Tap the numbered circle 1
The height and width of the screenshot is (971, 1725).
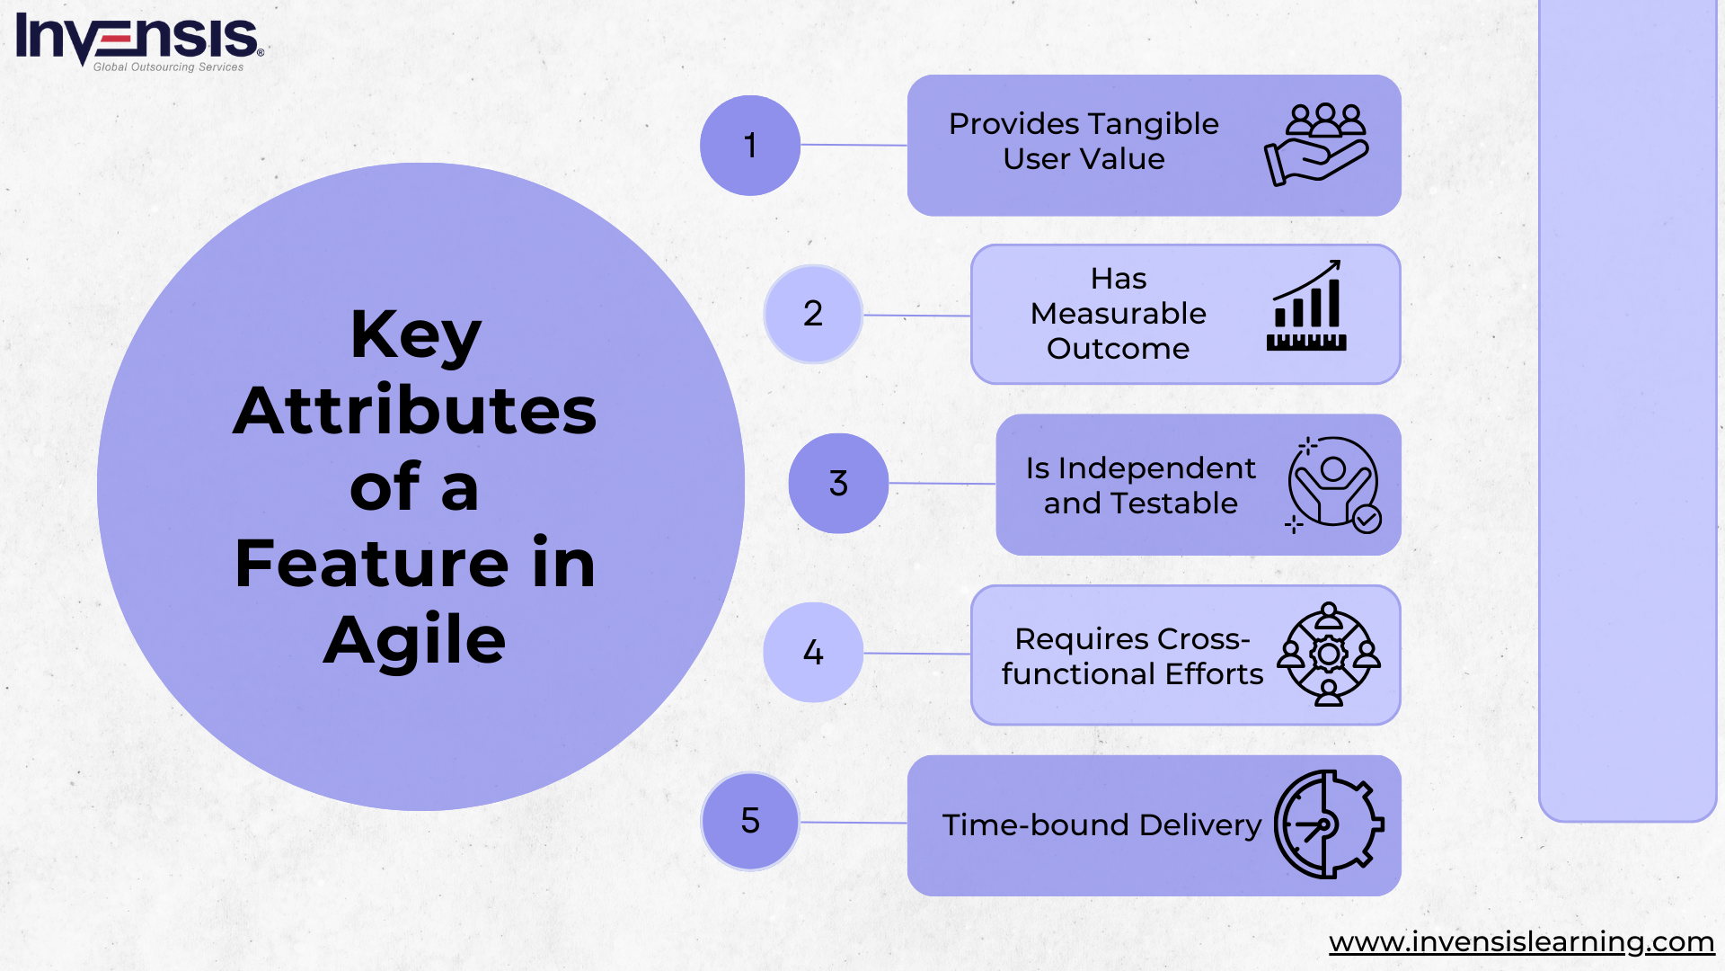[x=750, y=146]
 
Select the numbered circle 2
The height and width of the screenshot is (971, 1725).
[x=813, y=314]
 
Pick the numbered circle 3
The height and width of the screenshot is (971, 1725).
[x=838, y=484]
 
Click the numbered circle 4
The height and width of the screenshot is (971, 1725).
[x=813, y=653]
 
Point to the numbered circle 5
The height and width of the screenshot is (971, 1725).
[x=750, y=822]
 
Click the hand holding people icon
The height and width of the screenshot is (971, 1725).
[x=1316, y=145]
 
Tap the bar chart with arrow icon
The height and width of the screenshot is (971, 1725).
[x=1306, y=306]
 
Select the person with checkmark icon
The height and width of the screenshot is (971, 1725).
[x=1333, y=485]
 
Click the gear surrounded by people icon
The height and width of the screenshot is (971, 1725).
[x=1329, y=655]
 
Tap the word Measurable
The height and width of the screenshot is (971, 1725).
[x=1119, y=314]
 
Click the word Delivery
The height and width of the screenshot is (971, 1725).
[x=1200, y=825]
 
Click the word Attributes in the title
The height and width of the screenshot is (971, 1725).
[x=415, y=411]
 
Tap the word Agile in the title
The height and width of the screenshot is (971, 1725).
[x=415, y=641]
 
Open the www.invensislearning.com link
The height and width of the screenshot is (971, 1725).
[x=1522, y=942]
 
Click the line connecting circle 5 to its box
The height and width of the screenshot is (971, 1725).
[x=854, y=823]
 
